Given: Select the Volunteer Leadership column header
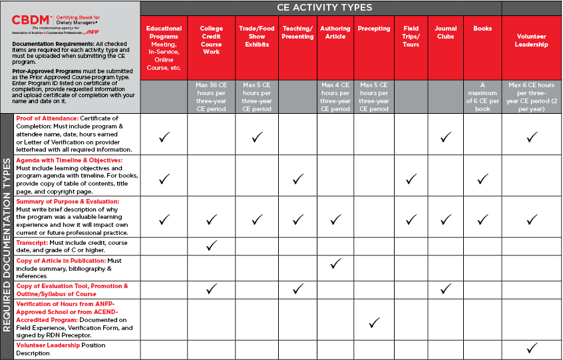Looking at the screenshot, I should [531, 40].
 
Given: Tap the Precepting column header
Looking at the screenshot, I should [373, 29].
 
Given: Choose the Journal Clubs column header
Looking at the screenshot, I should [445, 33].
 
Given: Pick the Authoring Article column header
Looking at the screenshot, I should [335, 33].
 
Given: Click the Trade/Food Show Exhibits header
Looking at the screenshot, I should [256, 37].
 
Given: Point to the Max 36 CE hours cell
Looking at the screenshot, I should [211, 96].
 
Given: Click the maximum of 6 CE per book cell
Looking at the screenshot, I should [482, 96].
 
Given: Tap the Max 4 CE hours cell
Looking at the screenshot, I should [335, 96].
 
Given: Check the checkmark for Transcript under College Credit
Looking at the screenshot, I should [211, 246].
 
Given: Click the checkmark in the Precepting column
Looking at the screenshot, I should [374, 323].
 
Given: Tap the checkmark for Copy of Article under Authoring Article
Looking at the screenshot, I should [335, 264].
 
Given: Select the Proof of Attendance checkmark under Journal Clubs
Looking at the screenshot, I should [445, 137].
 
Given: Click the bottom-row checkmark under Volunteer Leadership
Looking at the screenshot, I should [531, 349].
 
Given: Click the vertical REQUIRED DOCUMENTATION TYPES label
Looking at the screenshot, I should [7, 236].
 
